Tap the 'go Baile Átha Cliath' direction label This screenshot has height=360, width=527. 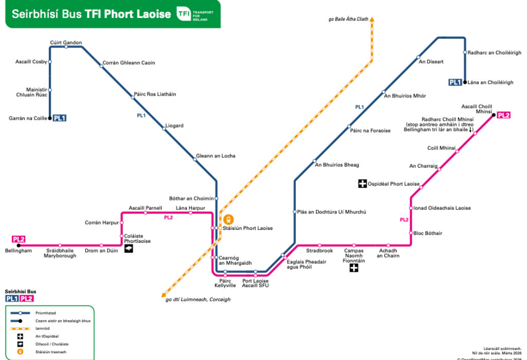click(x=348, y=20)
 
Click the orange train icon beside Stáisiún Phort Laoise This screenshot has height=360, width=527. click(x=228, y=220)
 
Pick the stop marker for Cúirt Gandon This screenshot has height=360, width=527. click(x=66, y=47)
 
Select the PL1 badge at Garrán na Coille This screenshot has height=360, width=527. click(x=59, y=118)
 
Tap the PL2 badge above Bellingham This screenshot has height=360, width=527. click(x=19, y=239)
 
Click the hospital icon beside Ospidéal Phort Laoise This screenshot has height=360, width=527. click(x=362, y=184)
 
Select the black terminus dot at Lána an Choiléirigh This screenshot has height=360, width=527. click(x=465, y=82)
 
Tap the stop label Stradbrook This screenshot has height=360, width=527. click(x=320, y=251)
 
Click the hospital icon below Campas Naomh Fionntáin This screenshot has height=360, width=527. click(x=354, y=268)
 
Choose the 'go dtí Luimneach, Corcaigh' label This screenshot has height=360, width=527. click(x=198, y=299)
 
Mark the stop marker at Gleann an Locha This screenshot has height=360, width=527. click(x=195, y=159)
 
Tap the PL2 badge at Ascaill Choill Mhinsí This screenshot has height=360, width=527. click(x=504, y=115)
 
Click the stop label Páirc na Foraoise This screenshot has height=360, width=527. click(x=370, y=131)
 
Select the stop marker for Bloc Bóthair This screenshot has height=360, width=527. click(x=411, y=233)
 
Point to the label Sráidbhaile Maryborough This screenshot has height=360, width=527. click(x=60, y=253)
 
